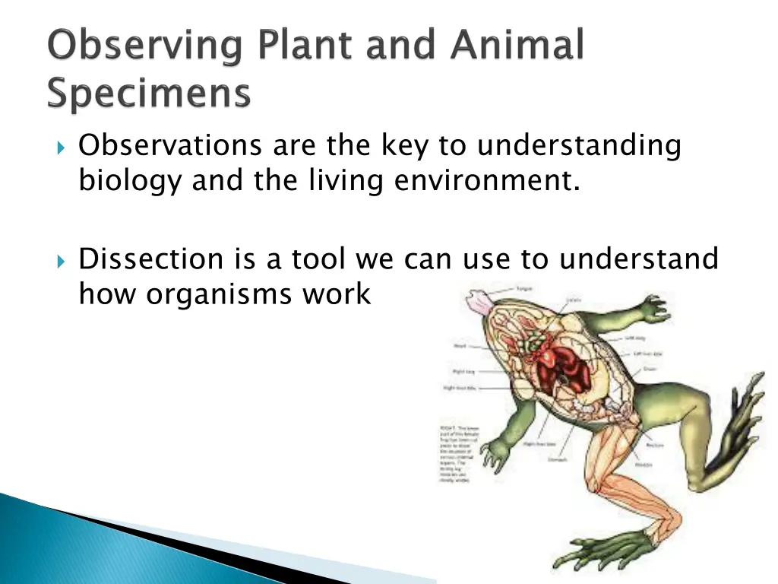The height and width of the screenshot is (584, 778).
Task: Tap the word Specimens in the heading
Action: (x=149, y=96)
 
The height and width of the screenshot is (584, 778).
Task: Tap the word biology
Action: (x=129, y=181)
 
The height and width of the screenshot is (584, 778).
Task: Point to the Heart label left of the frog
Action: (x=461, y=345)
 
